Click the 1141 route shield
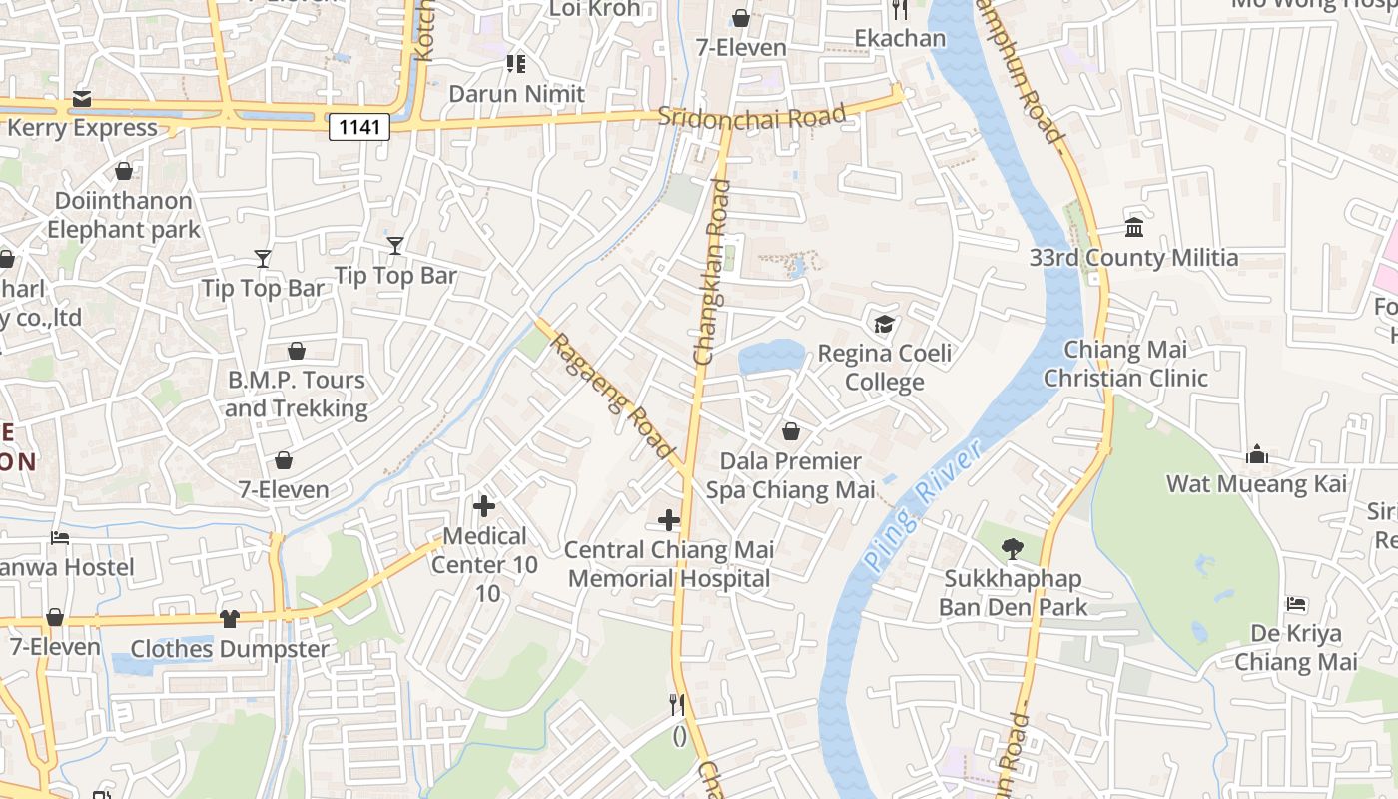(x=358, y=126)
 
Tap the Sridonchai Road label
(x=752, y=116)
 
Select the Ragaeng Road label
(x=612, y=396)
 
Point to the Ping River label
(x=921, y=509)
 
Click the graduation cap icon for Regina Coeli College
(x=884, y=324)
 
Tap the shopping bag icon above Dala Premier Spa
(x=791, y=431)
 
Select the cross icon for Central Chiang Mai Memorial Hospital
(x=669, y=520)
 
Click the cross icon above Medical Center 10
(x=484, y=506)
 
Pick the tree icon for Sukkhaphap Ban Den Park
(x=1012, y=548)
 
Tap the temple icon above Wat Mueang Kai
(x=1257, y=455)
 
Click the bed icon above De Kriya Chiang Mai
(x=1296, y=604)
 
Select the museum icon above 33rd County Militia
(x=1134, y=228)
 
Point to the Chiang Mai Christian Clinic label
(x=1125, y=364)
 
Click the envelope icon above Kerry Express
(x=82, y=99)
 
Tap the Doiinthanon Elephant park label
(x=123, y=215)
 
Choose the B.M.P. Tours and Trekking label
(x=297, y=395)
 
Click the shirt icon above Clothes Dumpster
(x=230, y=619)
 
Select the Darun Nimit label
(x=516, y=94)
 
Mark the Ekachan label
(x=900, y=39)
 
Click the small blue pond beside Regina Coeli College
(x=770, y=357)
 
